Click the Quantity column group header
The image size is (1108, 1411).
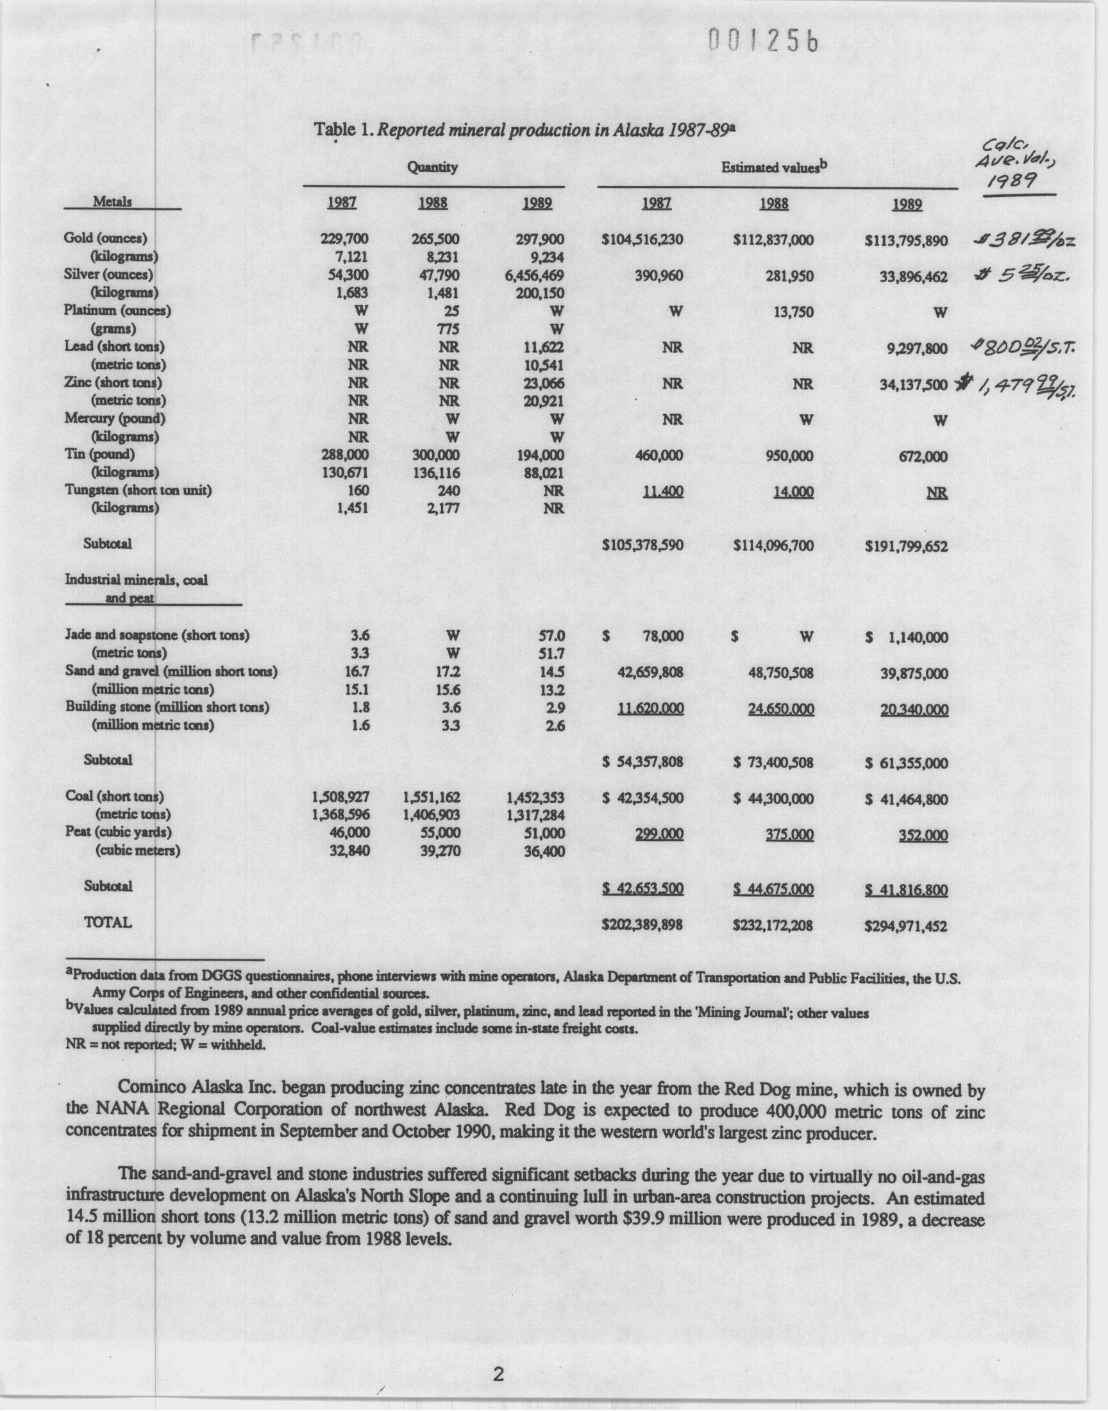click(x=432, y=167)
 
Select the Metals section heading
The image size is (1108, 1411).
click(x=112, y=201)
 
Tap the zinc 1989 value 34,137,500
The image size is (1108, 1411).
click(x=913, y=384)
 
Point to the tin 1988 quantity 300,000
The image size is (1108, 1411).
click(x=436, y=455)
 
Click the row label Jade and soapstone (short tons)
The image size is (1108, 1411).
click(x=158, y=635)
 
